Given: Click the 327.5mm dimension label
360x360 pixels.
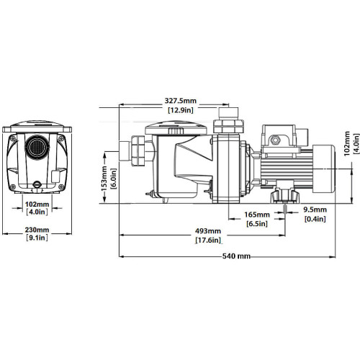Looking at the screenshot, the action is pos(181,101).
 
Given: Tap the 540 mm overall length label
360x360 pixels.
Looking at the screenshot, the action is pos(236,256).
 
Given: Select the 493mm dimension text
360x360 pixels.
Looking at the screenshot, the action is pos(208,231).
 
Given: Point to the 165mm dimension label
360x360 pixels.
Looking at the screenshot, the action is pos(257,215).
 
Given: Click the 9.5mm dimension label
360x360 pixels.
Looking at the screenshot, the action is pos(315,210).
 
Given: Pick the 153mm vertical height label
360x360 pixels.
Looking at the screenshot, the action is pos(104,179).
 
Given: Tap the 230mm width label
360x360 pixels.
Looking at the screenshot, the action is pos(37,230).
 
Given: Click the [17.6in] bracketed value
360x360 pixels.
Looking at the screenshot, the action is pos(208,240).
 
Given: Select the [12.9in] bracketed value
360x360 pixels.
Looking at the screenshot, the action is pos(181,110).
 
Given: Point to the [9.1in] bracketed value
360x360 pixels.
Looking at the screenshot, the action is pos(37,238).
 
